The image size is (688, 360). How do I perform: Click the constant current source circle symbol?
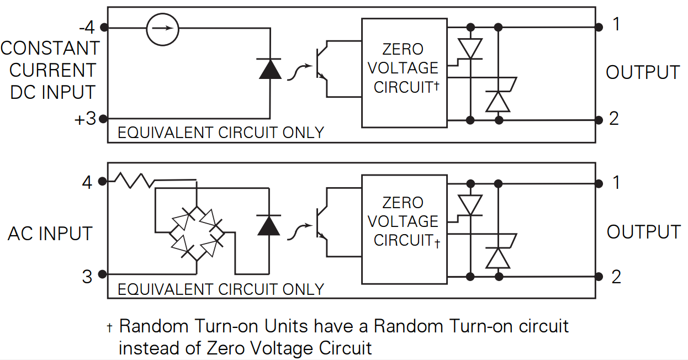163,28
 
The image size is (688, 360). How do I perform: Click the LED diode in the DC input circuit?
270,69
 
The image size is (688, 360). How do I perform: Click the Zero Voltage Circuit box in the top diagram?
404,72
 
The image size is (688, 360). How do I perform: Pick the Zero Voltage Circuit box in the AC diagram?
404,226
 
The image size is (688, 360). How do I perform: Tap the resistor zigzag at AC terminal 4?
133,181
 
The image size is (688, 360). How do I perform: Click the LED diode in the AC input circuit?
269,225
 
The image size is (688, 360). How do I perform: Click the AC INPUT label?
50,234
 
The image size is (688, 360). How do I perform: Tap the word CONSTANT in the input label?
50,49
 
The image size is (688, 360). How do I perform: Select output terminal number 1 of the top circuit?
616,25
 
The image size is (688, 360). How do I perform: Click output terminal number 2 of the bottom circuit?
616,276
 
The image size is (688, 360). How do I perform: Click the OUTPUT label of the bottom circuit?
643,232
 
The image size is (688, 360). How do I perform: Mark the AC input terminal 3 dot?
103,274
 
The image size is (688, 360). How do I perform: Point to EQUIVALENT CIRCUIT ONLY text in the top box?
221,133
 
